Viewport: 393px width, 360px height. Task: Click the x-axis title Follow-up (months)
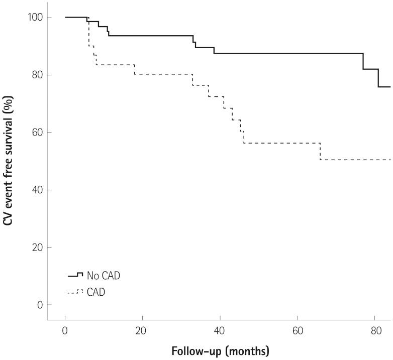220,350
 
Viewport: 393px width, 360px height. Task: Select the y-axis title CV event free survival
9,161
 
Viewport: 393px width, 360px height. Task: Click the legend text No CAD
104,276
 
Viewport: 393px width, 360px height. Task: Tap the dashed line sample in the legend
75,292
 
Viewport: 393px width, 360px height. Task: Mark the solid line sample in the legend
75,275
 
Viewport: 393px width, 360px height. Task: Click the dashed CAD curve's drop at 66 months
320,151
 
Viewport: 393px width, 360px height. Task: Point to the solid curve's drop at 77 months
363,61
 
